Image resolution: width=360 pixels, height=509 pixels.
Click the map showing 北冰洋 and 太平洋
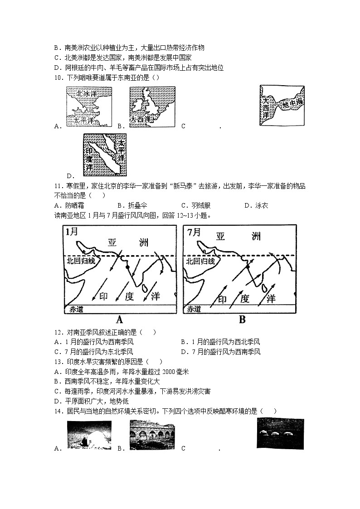click(x=89, y=107)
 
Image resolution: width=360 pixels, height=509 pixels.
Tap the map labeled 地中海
click(x=282, y=106)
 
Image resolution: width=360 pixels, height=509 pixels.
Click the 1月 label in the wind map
click(x=72, y=232)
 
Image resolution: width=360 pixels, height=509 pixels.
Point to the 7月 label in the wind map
click(x=194, y=232)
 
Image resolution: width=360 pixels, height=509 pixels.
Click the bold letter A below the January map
click(x=120, y=320)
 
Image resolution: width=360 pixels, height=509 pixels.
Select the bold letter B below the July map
click(x=242, y=320)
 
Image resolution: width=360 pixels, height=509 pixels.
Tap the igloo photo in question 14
click(x=89, y=436)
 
